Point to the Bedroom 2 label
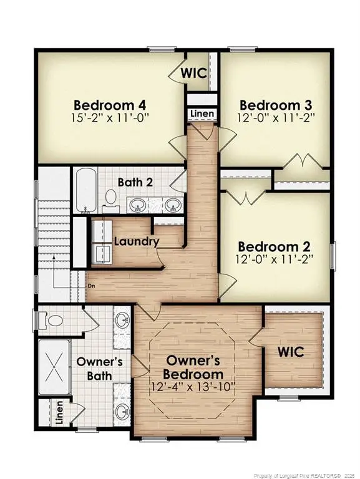(x=275, y=246)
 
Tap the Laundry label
(x=137, y=241)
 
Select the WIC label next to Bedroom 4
(x=193, y=72)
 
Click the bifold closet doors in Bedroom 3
(x=301, y=163)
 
